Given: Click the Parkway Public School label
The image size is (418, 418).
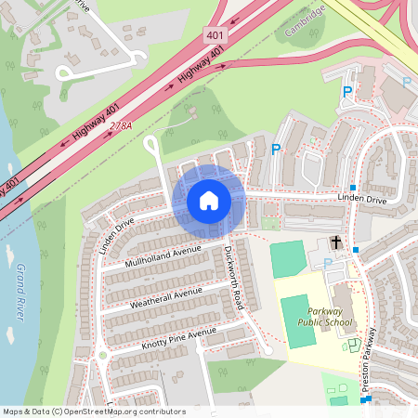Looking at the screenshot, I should pyautogui.click(x=325, y=322).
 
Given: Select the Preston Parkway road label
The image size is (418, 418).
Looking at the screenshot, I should pyautogui.click(x=370, y=362).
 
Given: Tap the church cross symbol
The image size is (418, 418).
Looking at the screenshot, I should pyautogui.click(x=335, y=245).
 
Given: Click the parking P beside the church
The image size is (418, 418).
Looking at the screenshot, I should pyautogui.click(x=327, y=264).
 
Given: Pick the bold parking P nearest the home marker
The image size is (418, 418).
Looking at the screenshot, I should pyautogui.click(x=275, y=149).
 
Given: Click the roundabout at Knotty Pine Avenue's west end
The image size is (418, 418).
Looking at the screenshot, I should pyautogui.click(x=102, y=355).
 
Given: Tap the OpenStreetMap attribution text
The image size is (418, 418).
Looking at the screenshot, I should pyautogui.click(x=93, y=411).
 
